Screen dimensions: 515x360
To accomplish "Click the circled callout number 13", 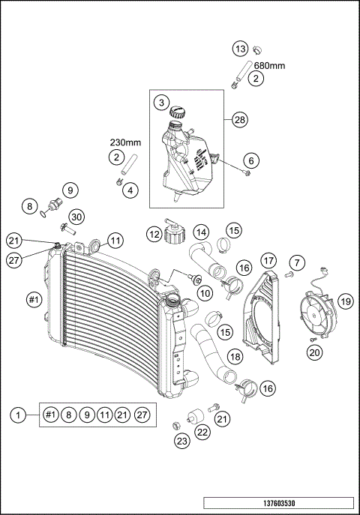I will (x=240, y=49).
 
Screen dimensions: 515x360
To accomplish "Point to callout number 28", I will (x=240, y=120).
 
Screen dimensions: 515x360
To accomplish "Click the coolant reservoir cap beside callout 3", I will (x=178, y=112).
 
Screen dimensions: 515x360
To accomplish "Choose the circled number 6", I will (x=251, y=160).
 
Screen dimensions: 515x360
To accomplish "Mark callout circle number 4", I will (x=130, y=190).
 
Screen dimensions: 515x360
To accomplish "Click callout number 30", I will (x=77, y=216).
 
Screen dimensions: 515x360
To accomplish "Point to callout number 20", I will (x=315, y=352).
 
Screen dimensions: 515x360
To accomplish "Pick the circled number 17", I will (x=269, y=262).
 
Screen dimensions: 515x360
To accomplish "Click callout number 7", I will (x=298, y=262).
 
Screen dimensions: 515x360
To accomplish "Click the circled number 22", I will (x=203, y=432).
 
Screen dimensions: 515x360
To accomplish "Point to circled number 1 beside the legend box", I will (x=19, y=414).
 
